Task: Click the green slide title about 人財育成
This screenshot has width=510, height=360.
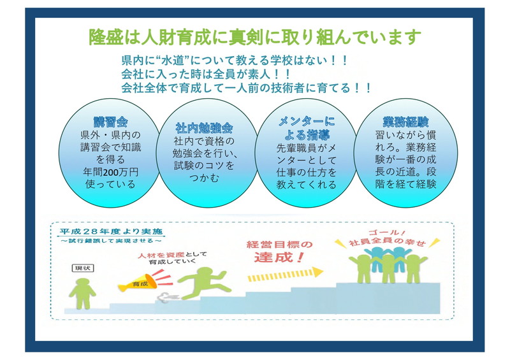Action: (255, 37)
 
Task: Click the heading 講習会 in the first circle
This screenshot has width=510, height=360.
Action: (110, 122)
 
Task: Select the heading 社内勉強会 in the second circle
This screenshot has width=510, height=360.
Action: (204, 128)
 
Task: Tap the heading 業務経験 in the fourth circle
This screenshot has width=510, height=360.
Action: (405, 122)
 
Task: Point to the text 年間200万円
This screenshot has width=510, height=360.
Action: (110, 172)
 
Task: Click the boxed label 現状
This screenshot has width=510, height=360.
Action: (83, 268)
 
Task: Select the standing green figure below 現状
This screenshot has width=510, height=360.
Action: (82, 294)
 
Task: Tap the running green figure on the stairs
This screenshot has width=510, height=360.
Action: (204, 283)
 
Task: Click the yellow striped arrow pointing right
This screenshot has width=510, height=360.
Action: (285, 274)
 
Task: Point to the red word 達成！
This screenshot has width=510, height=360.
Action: (279, 257)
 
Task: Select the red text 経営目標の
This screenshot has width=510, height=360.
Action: (279, 244)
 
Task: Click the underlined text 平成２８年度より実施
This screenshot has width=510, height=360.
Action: (111, 231)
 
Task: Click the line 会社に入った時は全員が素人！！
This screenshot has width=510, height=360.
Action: (205, 74)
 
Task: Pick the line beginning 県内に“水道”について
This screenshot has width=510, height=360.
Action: (235, 60)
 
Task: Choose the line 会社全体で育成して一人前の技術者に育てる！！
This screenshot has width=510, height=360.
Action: (246, 88)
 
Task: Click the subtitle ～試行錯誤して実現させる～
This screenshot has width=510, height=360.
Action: (111, 241)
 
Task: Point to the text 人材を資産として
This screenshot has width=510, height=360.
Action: (172, 256)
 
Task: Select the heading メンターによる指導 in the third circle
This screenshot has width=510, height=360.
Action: (306, 128)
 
